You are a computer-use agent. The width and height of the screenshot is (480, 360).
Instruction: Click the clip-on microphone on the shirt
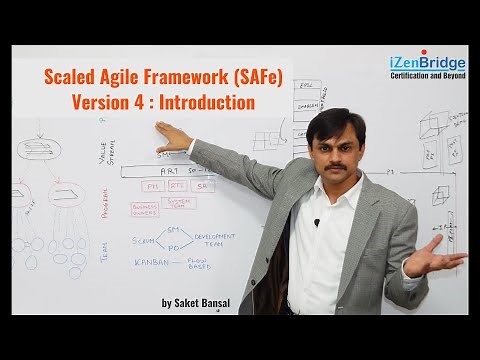coord(316,223)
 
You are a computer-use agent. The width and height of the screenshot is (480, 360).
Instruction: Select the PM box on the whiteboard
coord(152,186)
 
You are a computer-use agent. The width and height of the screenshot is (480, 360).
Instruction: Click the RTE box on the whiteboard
coord(177,186)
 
